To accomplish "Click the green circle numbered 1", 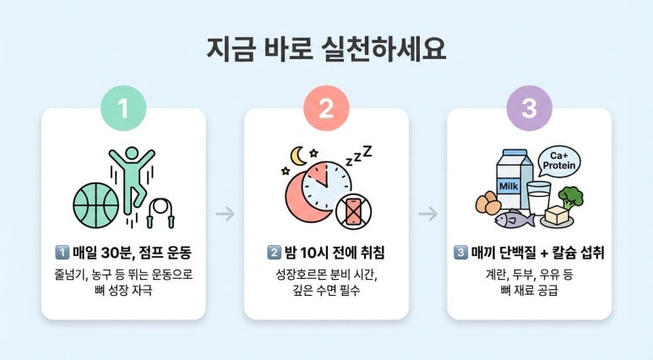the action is click(x=123, y=108).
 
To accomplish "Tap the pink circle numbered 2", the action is click(x=326, y=108).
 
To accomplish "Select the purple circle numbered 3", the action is click(x=529, y=108).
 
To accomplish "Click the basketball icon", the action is click(x=95, y=205).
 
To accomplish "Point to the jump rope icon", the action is click(x=161, y=213).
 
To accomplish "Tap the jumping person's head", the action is click(x=132, y=153).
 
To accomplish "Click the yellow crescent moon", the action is click(x=297, y=155).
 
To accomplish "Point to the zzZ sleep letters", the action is click(x=359, y=155).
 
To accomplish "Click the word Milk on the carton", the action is click(x=509, y=186).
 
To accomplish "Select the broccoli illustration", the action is click(x=570, y=199).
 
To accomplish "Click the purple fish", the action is click(x=514, y=219).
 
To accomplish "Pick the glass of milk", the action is click(x=538, y=198).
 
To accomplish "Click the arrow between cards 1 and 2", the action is click(x=225, y=214).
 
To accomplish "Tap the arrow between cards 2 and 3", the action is click(x=428, y=214).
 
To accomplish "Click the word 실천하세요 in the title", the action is click(x=384, y=49).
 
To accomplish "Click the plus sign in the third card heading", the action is click(x=544, y=253).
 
